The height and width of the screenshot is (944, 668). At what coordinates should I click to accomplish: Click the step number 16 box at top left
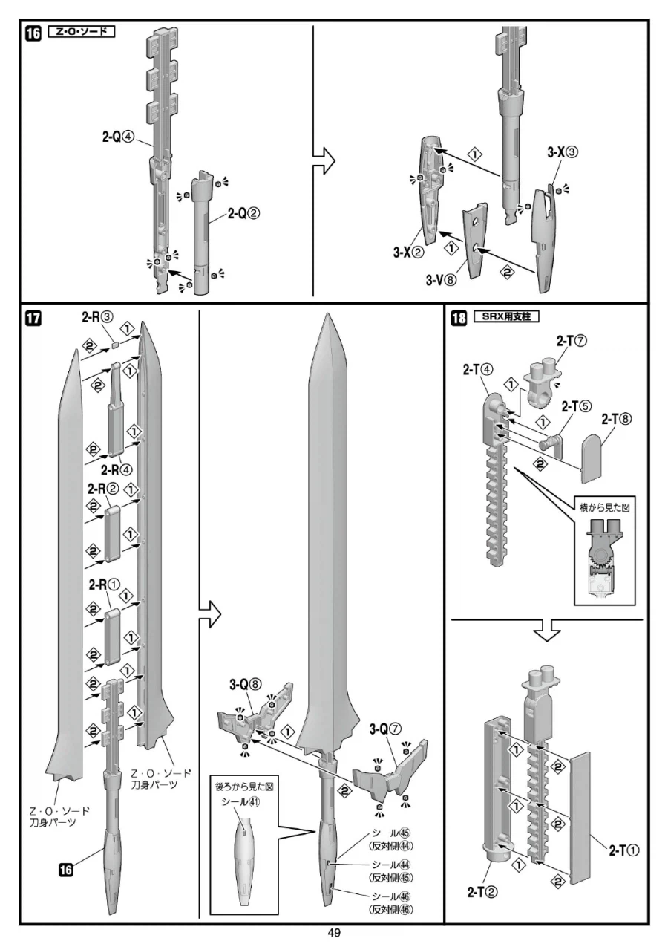coord(33,34)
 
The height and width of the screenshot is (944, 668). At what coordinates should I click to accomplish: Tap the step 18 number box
coord(459,319)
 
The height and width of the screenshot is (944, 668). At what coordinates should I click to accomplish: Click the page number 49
coord(334,933)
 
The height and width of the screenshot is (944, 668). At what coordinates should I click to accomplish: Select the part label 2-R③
coord(97,318)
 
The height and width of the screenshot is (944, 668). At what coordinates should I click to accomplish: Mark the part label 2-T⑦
coord(572,341)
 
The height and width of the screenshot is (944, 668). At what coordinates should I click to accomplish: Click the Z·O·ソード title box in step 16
coord(81,33)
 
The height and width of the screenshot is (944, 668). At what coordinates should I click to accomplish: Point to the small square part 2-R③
coord(116,344)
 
